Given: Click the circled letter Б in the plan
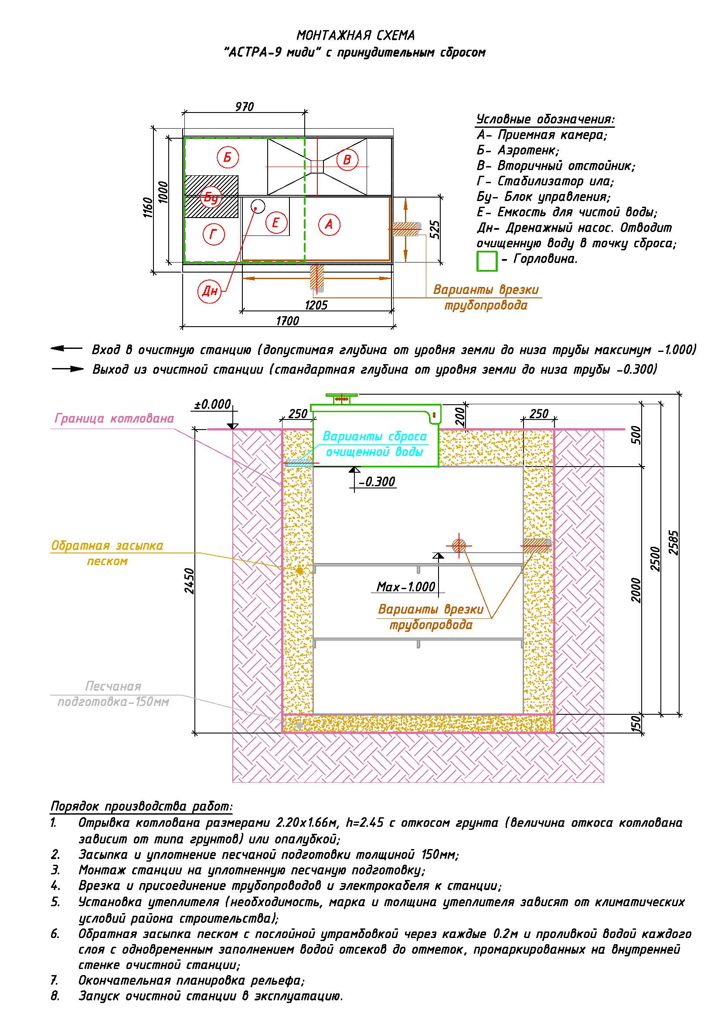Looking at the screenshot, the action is tap(227, 157).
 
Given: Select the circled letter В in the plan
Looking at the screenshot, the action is tap(347, 160).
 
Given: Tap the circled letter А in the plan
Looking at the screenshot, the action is tap(329, 224).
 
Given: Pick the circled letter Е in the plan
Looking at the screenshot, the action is tap(275, 222).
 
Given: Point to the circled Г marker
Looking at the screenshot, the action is tap(214, 234).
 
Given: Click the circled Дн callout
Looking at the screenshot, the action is tap(210, 291).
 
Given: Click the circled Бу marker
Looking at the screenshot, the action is tap(211, 197).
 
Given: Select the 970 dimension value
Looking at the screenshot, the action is tap(244, 106).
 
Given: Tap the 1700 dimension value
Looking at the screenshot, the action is tap(288, 321).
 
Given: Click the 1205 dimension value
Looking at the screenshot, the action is tap(316, 305).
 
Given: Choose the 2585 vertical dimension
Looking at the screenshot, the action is tap(674, 543).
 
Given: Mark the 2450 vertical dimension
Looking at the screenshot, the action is tap(190, 581).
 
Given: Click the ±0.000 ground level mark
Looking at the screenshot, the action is tap(213, 404).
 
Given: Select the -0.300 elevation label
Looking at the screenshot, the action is tap(377, 482).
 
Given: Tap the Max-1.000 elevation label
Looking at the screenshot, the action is tap(406, 587).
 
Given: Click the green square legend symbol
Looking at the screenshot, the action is tap(486, 261).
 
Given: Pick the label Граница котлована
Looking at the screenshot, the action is tap(114, 419).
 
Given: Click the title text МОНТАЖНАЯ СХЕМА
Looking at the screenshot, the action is tap(356, 35).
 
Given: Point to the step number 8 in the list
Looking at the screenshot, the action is tap(55, 996).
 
